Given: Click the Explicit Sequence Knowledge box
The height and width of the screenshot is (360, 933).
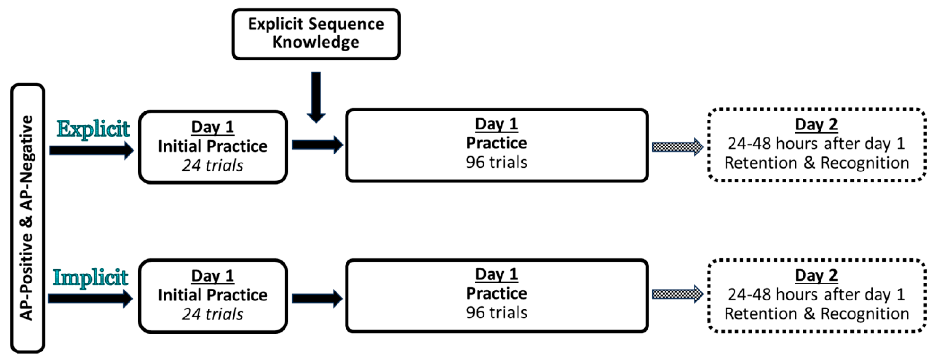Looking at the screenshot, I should tap(316, 34).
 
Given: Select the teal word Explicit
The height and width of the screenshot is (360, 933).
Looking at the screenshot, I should tap(93, 129).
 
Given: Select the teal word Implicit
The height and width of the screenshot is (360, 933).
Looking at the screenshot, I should tap(90, 278).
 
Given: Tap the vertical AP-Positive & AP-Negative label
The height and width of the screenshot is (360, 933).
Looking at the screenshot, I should tap(27, 218).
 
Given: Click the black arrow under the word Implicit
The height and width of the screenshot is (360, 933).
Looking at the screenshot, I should tap(90, 299).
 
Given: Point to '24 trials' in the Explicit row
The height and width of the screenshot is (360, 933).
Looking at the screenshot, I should tap(213, 165).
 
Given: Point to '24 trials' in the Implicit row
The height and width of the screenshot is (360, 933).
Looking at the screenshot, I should tap(213, 314).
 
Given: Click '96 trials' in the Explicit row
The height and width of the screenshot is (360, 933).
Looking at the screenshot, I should tap(496, 162).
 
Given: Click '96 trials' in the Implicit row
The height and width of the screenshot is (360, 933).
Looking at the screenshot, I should tap(496, 312).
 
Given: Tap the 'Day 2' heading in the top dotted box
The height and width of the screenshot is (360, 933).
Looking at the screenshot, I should tap(816, 124).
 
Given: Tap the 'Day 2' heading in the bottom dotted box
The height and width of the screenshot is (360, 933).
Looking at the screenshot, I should tap(816, 275).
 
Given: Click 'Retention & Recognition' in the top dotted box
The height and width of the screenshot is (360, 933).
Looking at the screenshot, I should tap(816, 163).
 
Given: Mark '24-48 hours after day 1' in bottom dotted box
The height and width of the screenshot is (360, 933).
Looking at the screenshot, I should tap(816, 294).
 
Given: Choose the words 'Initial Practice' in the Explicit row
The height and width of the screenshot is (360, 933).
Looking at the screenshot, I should tap(213, 146).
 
